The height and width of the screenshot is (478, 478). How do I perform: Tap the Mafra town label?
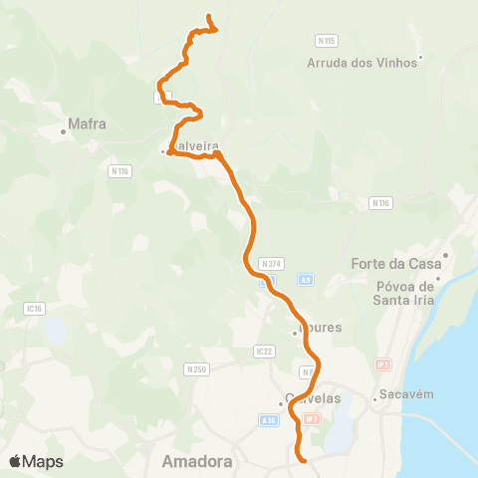[87, 125]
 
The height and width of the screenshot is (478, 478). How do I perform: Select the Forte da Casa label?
[395, 264]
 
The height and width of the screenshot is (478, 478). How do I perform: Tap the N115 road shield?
[326, 40]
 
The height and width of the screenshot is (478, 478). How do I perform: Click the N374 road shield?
[271, 263]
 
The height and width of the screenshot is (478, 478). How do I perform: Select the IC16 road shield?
[35, 310]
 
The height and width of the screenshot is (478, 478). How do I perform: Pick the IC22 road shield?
[264, 351]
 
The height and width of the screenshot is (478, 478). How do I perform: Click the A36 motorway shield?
[268, 419]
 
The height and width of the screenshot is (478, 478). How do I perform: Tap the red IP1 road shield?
[382, 364]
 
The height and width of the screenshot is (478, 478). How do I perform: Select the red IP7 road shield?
[312, 419]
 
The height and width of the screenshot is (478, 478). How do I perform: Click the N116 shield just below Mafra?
[120, 171]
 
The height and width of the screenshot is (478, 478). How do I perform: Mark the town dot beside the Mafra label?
[64, 129]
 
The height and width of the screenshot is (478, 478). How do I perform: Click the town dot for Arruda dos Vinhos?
[421, 57]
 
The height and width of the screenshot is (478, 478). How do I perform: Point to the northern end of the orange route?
[208, 17]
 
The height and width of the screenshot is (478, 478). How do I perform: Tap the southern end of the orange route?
[302, 459]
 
